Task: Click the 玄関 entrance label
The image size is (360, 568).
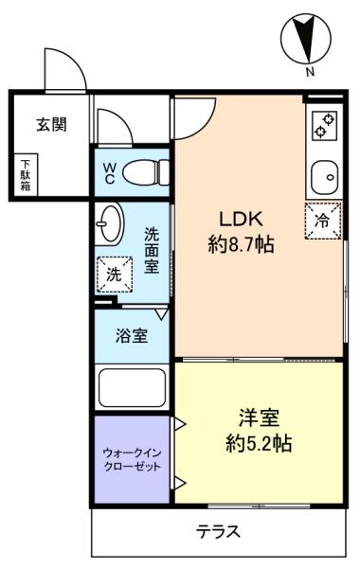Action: (x=51, y=124)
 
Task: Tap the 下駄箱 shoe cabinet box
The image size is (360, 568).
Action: (x=26, y=175)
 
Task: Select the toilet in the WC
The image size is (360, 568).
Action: (x=146, y=173)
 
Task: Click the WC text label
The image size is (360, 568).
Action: (x=110, y=173)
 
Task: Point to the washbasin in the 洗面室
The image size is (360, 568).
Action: (x=110, y=224)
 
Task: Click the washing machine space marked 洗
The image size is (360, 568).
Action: (x=115, y=275)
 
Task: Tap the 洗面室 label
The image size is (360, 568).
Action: (x=152, y=250)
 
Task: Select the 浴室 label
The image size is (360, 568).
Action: (x=132, y=335)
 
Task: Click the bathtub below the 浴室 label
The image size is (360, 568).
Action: (x=133, y=388)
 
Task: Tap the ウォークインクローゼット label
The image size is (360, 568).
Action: (x=132, y=459)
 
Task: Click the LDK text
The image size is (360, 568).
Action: (x=241, y=220)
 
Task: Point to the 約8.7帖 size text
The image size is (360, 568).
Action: (x=241, y=244)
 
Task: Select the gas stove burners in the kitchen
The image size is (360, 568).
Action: (x=325, y=125)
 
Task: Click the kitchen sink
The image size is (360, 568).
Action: (x=325, y=178)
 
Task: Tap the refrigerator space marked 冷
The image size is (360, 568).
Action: (x=323, y=221)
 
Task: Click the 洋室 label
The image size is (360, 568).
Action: (x=259, y=417)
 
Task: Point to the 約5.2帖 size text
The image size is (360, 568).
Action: (x=259, y=443)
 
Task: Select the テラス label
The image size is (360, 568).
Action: (x=218, y=532)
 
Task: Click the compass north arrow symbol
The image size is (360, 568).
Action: (x=306, y=38)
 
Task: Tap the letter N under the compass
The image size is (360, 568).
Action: (x=310, y=72)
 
